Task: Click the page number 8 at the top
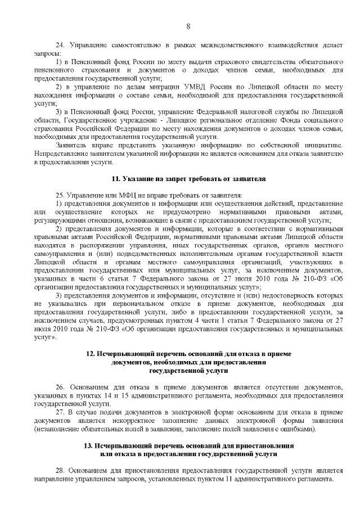pos(188,26)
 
